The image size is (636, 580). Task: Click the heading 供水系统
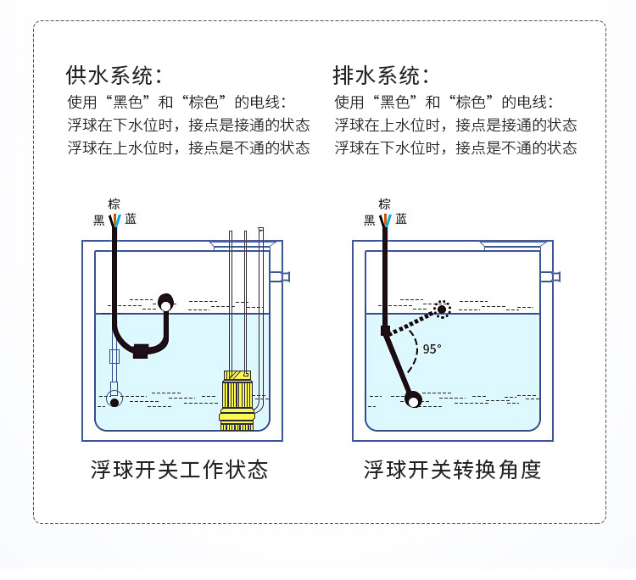coord(114,75)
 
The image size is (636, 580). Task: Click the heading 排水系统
coord(381,75)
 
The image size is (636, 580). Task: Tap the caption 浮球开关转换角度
coord(452,469)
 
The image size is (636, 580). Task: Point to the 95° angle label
coord(432,349)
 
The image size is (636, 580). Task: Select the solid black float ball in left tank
coord(165,301)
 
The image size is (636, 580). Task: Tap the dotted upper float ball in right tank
coord(442,309)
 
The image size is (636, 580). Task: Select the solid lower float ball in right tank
coord(413,399)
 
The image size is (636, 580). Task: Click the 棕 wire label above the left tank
coord(114,204)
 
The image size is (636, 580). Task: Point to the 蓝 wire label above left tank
coord(131,220)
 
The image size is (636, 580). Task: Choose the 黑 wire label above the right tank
coord(370,220)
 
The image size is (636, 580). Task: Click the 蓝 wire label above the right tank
coord(400,220)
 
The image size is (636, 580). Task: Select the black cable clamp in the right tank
coord(385,330)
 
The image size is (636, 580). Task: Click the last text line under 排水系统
coord(455,148)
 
